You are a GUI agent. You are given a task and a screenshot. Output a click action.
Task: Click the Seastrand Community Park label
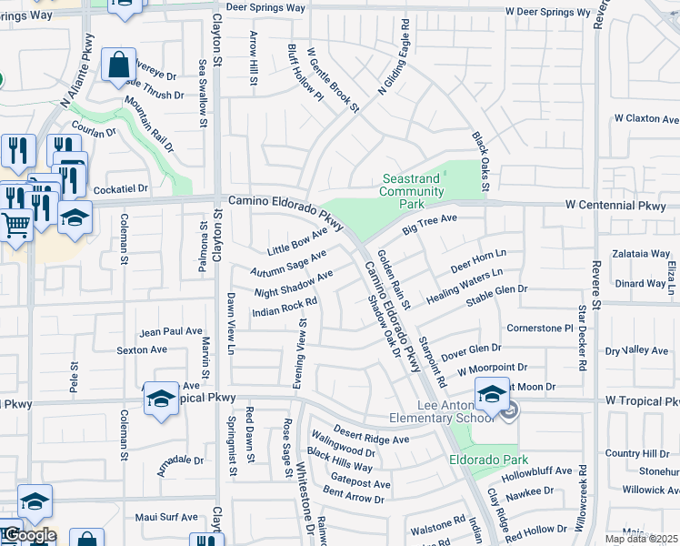click(x=411, y=186)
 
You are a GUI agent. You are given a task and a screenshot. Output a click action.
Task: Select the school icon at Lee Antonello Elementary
click(x=492, y=395)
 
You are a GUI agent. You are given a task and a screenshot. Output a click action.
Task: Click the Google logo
click(x=29, y=536)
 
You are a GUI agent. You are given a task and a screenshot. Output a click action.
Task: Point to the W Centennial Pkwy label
click(x=622, y=206)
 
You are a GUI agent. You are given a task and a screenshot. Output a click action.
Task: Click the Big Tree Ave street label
click(x=430, y=225)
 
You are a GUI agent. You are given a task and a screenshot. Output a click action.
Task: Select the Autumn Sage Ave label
click(x=289, y=264)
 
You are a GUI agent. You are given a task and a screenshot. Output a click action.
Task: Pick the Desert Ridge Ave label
click(x=370, y=437)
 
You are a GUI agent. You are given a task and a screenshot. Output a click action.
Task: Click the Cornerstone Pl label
click(x=540, y=328)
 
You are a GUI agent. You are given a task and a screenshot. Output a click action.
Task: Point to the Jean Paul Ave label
click(x=170, y=332)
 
